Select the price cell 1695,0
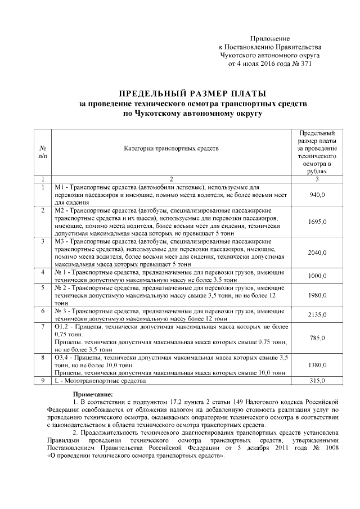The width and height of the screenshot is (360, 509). point(318,222)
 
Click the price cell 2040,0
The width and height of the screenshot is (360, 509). point(318,253)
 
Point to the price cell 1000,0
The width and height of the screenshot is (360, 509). point(318,276)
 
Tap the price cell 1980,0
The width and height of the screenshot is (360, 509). point(318,295)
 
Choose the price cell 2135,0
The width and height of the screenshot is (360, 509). point(318,315)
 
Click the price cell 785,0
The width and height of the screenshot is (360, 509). point(318,337)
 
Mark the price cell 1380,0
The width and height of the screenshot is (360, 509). point(318,365)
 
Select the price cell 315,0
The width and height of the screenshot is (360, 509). point(318,381)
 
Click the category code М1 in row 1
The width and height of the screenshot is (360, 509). point(59,186)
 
